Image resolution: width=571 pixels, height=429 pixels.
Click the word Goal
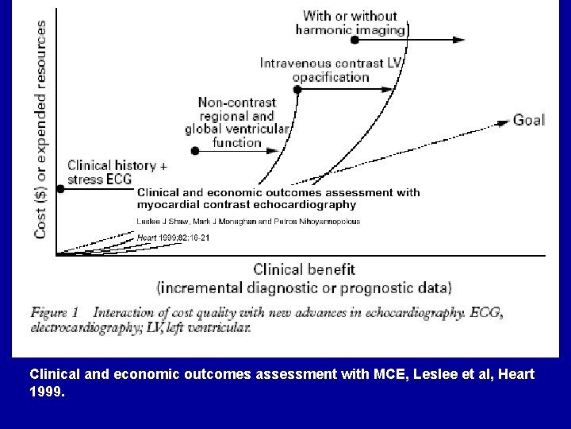pos(529,121)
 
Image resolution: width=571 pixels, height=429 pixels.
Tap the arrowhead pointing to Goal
pos(503,122)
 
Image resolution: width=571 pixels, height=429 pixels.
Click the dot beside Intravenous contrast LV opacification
pos(297,90)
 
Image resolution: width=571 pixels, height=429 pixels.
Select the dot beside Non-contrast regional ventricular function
pos(194,150)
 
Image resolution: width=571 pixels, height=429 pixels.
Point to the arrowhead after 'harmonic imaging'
pos(459,38)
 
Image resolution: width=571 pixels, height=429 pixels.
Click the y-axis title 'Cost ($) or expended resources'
pos(40,129)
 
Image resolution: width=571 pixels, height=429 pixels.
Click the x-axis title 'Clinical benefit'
pos(304,270)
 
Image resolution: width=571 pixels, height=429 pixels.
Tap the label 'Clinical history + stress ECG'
pos(118,172)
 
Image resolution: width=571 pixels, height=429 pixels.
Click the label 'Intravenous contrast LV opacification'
pos(331,70)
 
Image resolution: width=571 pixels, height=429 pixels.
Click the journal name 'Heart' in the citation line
pos(148,238)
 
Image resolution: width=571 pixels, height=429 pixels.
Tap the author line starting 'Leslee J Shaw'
pos(248,221)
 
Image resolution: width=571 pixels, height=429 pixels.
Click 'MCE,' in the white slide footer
pos(362,373)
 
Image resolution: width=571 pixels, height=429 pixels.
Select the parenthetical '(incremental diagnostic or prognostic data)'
pos(304,287)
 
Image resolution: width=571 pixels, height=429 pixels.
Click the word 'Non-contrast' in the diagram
pos(236,102)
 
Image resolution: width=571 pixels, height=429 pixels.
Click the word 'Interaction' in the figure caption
pos(128,312)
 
